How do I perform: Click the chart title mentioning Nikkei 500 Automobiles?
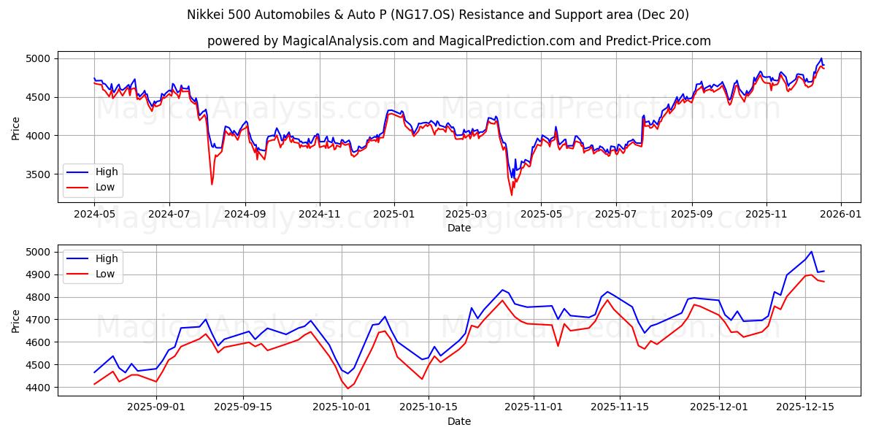(x=437, y=15)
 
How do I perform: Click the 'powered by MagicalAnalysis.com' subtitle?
(x=458, y=41)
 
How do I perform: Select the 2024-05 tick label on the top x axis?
(x=94, y=215)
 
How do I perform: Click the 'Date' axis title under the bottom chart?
(x=459, y=422)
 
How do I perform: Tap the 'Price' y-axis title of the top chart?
(x=16, y=128)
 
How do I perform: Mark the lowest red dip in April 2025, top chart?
(x=512, y=195)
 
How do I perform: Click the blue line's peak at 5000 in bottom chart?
(x=811, y=252)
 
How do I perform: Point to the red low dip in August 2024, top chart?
(x=212, y=184)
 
